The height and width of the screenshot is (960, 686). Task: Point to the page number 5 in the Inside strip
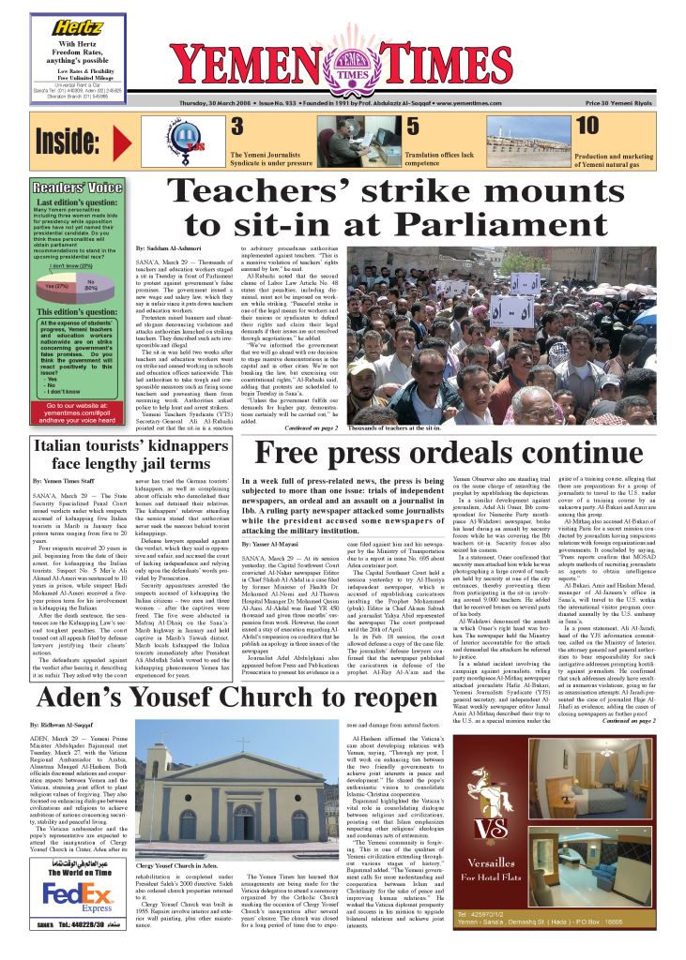coord(413,127)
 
